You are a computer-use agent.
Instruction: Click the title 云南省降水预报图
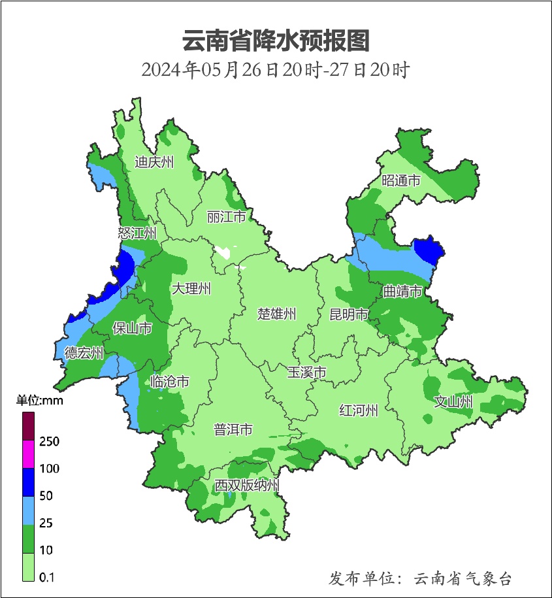276,41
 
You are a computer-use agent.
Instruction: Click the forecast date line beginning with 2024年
276,69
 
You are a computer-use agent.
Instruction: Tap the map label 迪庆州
154,162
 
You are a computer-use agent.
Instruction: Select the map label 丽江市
226,216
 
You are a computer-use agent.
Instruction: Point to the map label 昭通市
401,181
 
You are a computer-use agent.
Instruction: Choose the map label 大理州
191,289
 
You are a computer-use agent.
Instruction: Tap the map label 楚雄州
277,314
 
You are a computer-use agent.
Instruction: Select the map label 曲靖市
402,291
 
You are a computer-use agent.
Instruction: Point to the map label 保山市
133,328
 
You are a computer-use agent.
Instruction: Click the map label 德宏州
84,354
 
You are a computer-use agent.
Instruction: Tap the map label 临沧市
170,382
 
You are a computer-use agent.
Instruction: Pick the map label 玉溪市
307,373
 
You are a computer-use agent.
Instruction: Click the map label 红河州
359,410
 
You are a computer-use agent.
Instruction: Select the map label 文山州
453,402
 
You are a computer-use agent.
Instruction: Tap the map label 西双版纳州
248,486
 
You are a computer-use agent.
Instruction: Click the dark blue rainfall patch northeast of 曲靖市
429,250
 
